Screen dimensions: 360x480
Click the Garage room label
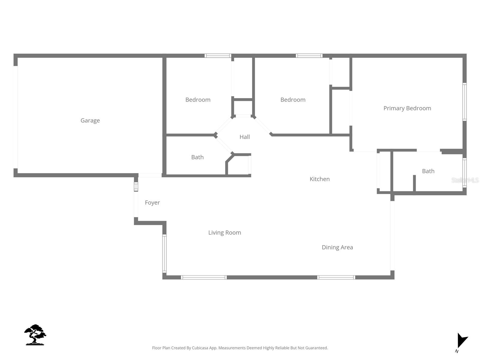(x=90, y=120)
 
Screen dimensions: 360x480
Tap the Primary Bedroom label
(x=407, y=108)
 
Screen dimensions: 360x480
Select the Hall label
(x=244, y=137)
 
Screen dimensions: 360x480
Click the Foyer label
(x=152, y=202)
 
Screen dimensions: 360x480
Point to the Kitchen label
(x=319, y=179)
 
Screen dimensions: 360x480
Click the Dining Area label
(x=337, y=247)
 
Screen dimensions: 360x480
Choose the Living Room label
(x=224, y=232)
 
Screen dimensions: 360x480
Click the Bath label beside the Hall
(x=197, y=157)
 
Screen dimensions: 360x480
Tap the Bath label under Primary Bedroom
(x=428, y=171)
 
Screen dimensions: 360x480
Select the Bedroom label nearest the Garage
(x=198, y=100)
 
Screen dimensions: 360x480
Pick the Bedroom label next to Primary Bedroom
(x=293, y=100)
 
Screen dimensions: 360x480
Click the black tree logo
(x=35, y=335)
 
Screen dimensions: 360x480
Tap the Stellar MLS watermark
(x=465, y=180)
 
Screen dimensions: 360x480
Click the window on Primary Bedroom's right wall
(x=464, y=102)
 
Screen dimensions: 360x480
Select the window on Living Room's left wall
(x=164, y=253)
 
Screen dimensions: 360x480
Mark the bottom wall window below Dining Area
(x=336, y=277)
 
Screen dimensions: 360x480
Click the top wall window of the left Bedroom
(x=218, y=56)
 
